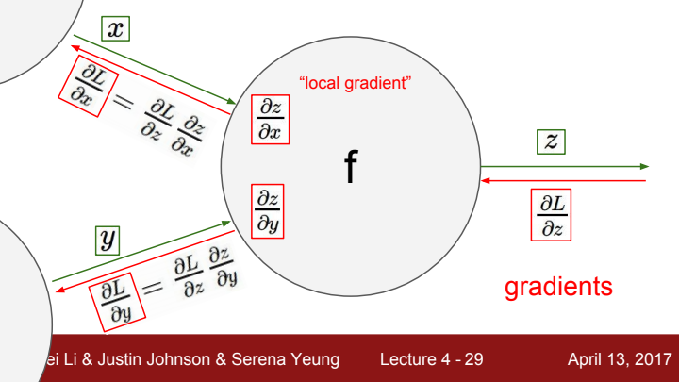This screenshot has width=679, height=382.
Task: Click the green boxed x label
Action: coord(115,29)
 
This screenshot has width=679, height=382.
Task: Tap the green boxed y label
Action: coord(108,239)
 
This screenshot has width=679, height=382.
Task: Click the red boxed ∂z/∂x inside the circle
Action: coord(270,120)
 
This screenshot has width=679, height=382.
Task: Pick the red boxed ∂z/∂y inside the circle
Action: coord(270,210)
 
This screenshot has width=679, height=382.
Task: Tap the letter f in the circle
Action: coord(351,167)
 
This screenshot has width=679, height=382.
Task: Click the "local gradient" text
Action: coord(355,83)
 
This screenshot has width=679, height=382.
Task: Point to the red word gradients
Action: coord(558,287)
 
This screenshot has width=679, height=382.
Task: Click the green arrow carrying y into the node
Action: coord(141,252)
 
